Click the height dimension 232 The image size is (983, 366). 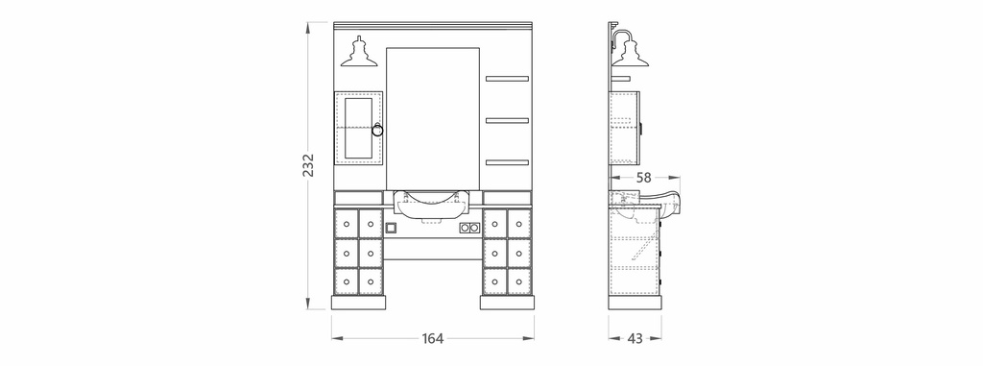coord(308,165)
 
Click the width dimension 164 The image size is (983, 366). coord(433,339)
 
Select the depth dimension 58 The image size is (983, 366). coord(644,178)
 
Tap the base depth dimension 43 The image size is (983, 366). coord(635,338)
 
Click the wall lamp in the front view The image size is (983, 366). coord(359,52)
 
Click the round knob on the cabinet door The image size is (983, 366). coord(377,130)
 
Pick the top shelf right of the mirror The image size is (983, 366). coord(507,79)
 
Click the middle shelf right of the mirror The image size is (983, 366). coord(507,120)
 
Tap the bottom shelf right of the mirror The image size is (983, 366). coord(507,162)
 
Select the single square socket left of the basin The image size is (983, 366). coord(392,228)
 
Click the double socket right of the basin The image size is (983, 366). coord(468,228)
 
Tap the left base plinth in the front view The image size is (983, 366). coord(359,302)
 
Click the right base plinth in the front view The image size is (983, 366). coord(507,302)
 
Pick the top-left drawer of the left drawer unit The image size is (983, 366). coord(347,224)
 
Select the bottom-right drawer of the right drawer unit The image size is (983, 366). coord(519,281)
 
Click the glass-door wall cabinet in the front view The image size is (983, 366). coord(359,129)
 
